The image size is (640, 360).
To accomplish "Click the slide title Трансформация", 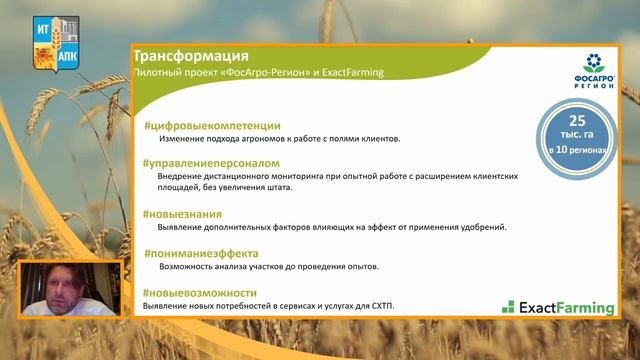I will coord(191,56).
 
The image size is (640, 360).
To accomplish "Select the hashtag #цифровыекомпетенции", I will coord(212,126).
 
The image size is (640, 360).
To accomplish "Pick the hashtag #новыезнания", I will coord(183,214).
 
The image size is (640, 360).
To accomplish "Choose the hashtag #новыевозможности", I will coord(201,290).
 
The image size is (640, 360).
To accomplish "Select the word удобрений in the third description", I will coord(478,227).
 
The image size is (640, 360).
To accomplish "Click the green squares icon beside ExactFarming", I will coord(508,307).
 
